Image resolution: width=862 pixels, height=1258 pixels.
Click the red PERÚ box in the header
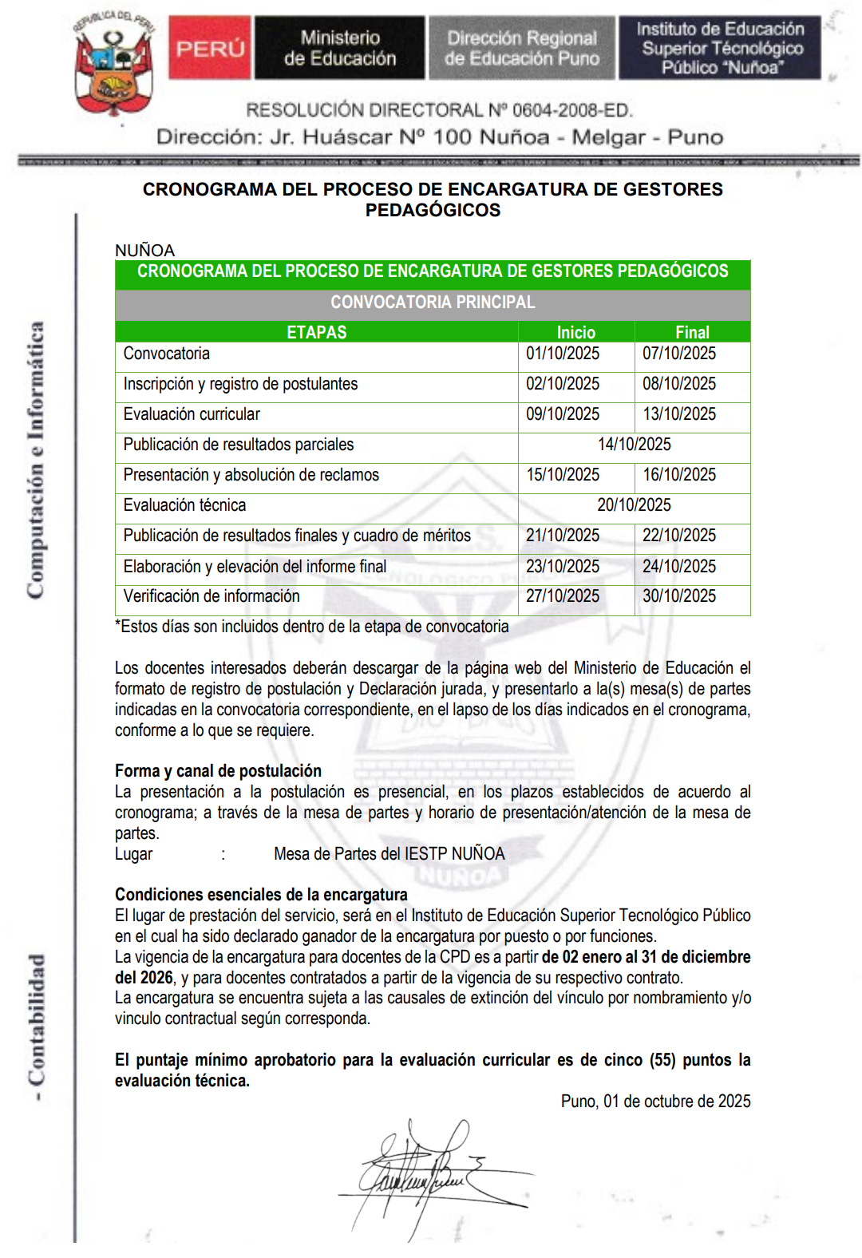tap(210, 48)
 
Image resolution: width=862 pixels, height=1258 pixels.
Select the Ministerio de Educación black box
tap(340, 48)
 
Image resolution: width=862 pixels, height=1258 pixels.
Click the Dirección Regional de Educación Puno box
tap(522, 48)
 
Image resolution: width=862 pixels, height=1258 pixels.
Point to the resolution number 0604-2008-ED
tap(571, 110)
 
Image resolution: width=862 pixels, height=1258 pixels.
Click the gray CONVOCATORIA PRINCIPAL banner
tap(433, 303)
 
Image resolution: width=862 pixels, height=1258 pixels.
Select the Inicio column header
tap(575, 332)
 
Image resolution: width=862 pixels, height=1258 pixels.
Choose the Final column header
tap(692, 332)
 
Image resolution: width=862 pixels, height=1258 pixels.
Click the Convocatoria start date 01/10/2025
tap(563, 354)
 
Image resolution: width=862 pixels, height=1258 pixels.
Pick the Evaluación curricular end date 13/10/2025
tap(679, 414)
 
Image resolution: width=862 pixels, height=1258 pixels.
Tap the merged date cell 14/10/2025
tap(635, 445)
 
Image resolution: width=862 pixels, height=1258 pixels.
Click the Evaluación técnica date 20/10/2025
tap(635, 505)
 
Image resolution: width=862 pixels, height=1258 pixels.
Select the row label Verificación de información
tap(212, 596)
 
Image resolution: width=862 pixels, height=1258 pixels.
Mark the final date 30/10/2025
tap(679, 596)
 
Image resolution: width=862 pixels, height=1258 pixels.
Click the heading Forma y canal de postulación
tap(218, 771)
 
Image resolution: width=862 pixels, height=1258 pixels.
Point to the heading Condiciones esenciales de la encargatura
tap(261, 895)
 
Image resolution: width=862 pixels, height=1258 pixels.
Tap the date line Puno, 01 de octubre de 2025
tap(655, 1102)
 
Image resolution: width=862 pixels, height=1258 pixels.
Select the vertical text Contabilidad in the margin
tap(37, 1022)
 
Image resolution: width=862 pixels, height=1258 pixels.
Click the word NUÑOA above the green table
tap(144, 251)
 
